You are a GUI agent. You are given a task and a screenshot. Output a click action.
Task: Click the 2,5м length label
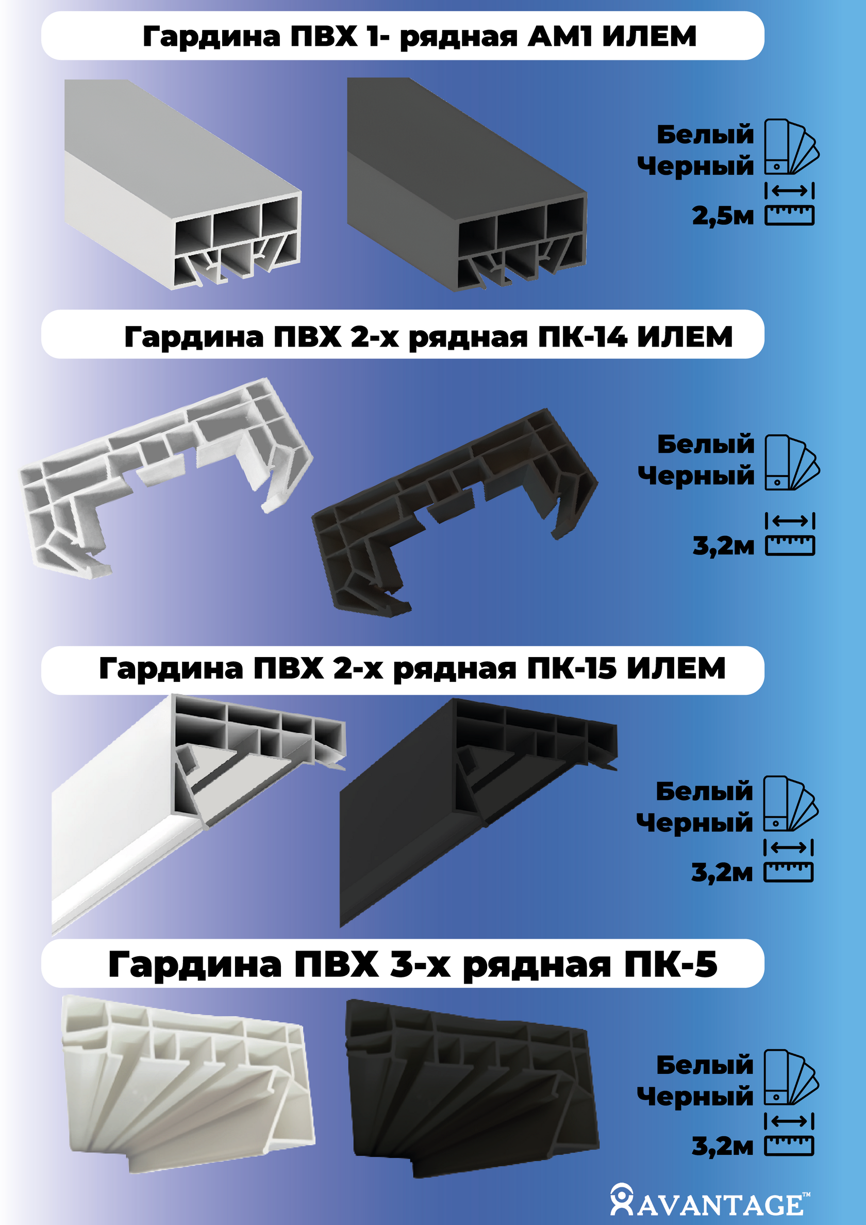tap(723, 216)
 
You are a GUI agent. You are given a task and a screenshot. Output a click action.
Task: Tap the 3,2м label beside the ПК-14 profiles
tap(723, 546)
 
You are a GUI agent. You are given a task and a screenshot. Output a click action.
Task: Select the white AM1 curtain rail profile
tap(183, 185)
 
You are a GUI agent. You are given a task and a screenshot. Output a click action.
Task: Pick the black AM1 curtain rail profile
tap(467, 185)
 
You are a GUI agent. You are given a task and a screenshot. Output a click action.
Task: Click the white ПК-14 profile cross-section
tap(165, 478)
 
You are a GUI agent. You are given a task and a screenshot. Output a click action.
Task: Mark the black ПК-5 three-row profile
tap(472, 1088)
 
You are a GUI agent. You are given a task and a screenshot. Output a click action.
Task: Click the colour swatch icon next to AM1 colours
tap(792, 146)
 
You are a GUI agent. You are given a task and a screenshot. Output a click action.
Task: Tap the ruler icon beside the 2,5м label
tap(790, 216)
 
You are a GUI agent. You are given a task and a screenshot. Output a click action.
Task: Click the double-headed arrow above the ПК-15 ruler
tap(788, 847)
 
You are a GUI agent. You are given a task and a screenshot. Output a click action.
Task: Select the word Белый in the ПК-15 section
tap(704, 791)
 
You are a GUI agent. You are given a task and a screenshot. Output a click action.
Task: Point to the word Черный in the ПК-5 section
tap(695, 1097)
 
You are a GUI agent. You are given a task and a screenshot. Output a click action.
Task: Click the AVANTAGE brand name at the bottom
tap(720, 1205)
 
